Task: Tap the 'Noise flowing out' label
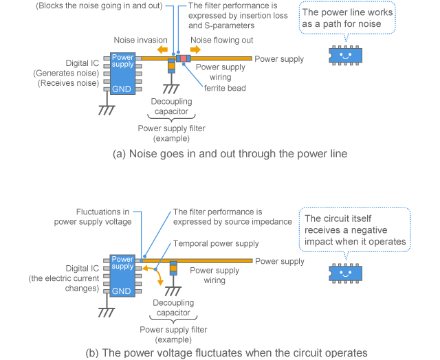click(221, 41)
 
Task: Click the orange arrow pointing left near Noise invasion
click(162, 49)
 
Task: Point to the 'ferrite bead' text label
click(224, 88)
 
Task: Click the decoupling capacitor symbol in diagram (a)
click(172, 68)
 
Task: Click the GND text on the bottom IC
click(122, 290)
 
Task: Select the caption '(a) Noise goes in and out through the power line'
click(230, 155)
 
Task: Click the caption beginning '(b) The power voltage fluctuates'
click(226, 353)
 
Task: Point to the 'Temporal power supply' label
click(216, 243)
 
